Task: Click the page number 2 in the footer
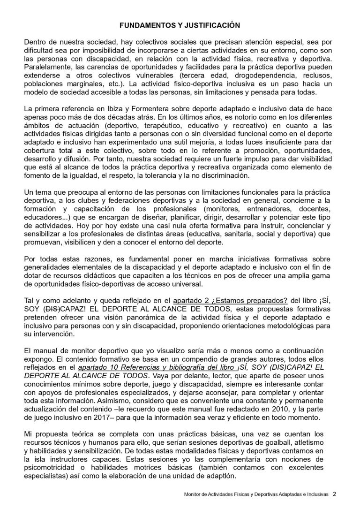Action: pos(334,494)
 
